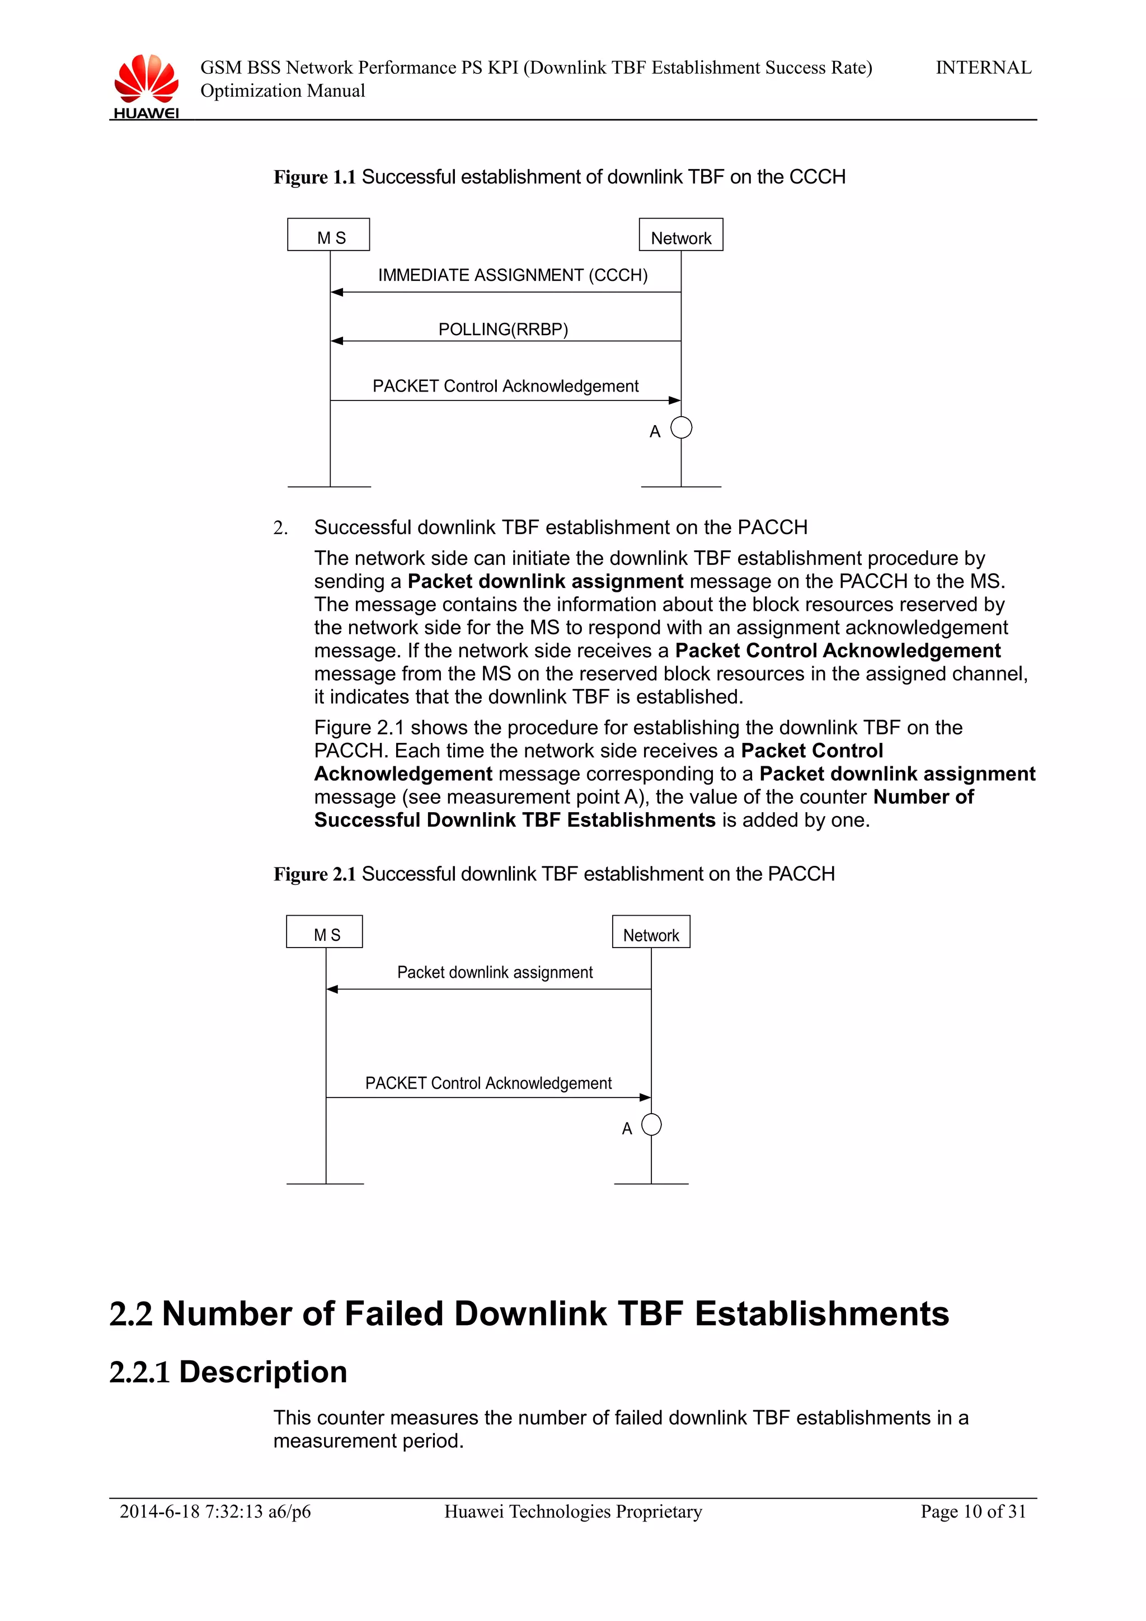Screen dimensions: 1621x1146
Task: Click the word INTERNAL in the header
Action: [x=983, y=68]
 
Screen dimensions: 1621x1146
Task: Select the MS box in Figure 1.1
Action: [x=328, y=235]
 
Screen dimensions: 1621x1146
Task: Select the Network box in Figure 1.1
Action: [x=680, y=235]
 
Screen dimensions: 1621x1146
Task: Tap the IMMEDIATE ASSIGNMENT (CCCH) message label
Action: [x=513, y=275]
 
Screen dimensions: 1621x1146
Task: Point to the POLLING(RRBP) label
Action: [x=502, y=329]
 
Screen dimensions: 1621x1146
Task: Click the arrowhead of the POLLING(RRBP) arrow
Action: [x=337, y=341]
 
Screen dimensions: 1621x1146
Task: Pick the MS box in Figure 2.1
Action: [x=324, y=932]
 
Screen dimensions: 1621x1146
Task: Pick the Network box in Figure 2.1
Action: [x=651, y=932]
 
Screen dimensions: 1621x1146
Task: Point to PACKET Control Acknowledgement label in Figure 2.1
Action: [x=488, y=1083]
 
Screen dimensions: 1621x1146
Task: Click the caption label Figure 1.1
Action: [x=314, y=177]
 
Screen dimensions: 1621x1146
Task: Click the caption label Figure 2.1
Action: [x=314, y=874]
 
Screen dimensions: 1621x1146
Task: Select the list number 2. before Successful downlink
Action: [x=280, y=528]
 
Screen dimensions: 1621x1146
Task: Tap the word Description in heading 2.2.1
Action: [x=262, y=1372]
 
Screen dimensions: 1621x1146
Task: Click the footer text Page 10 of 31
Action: [x=973, y=1511]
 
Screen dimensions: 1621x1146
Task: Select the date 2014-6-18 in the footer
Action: [x=159, y=1511]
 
